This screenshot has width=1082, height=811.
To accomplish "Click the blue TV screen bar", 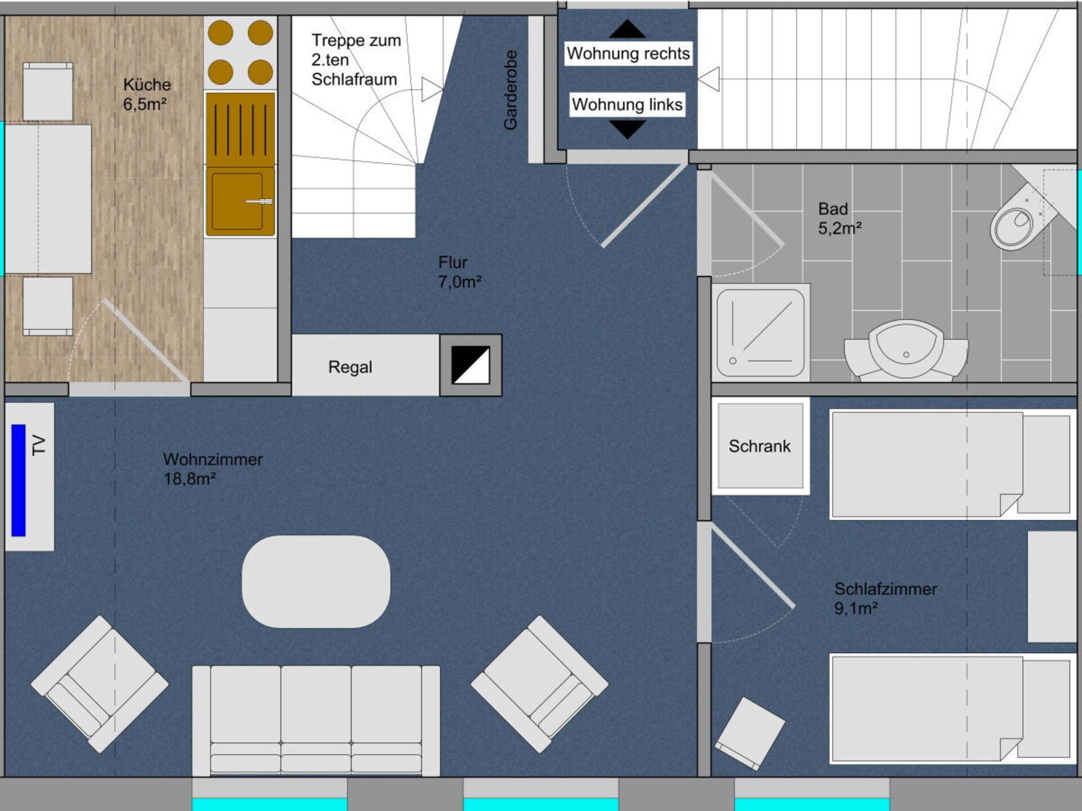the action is point(19,480).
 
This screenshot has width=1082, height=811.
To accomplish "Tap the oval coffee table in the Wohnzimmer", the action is point(316,581).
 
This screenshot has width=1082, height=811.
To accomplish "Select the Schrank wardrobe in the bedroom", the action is point(760,445).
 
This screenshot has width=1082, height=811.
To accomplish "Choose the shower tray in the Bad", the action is point(760,332).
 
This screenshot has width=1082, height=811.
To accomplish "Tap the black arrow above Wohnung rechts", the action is point(627,29).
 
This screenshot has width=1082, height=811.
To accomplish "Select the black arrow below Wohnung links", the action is point(627,130).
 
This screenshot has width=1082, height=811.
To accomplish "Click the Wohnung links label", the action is point(627,105).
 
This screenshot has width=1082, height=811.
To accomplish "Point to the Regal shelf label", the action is point(350,367).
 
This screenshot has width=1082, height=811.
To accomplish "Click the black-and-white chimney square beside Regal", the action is point(471,365).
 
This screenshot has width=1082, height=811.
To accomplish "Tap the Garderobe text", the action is point(511,90).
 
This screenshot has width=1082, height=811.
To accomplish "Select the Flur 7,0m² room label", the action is point(460,272).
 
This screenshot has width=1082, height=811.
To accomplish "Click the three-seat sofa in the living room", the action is point(316,721).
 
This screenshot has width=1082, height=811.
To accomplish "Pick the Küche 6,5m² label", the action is point(147,94).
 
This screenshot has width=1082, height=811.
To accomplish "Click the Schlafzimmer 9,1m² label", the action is point(885,599).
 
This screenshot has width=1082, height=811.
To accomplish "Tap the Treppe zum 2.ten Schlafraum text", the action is point(356,60).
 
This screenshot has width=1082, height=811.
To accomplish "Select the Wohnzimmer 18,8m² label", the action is point(213,469).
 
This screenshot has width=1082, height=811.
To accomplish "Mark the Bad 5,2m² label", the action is point(840,219).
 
